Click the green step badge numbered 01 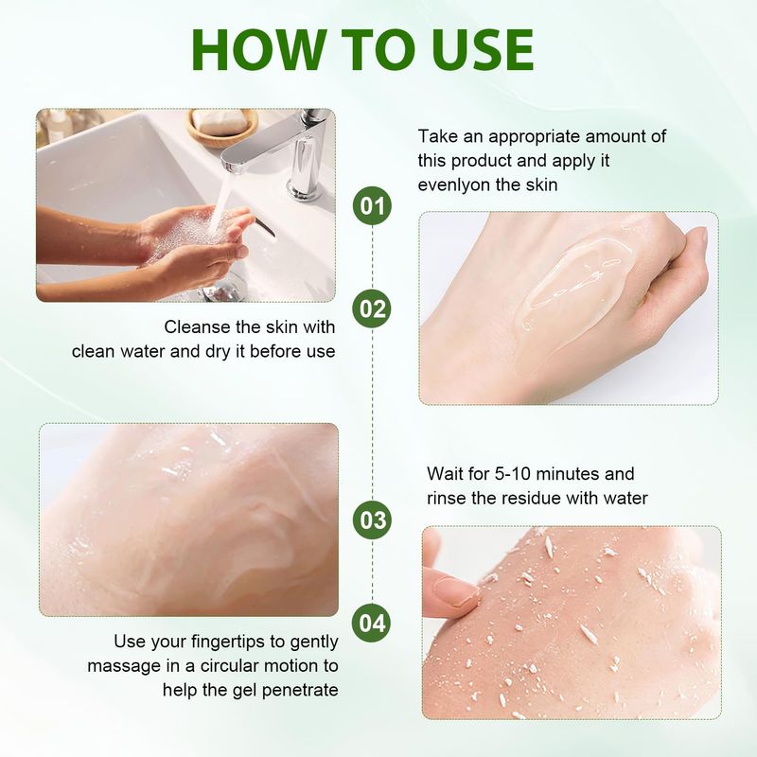[x=372, y=205]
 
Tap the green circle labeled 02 [x=372, y=309]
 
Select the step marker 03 [x=372, y=519]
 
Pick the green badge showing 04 [x=372, y=623]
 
